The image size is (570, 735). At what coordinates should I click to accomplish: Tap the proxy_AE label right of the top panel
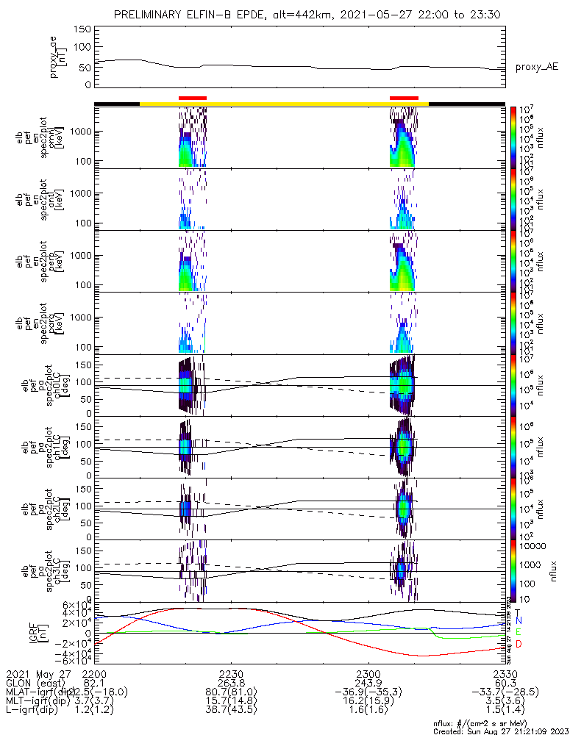(536, 67)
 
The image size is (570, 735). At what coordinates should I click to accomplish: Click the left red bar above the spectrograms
(193, 98)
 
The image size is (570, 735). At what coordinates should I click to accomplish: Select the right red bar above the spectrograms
(404, 98)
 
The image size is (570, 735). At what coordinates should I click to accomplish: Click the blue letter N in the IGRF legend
(518, 621)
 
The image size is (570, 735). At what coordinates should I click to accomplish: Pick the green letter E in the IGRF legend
(518, 632)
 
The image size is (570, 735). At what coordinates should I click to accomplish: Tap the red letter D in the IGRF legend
(518, 645)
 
